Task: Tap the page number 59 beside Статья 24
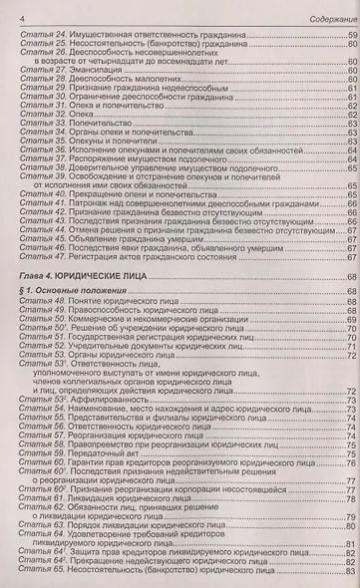[352, 37]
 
